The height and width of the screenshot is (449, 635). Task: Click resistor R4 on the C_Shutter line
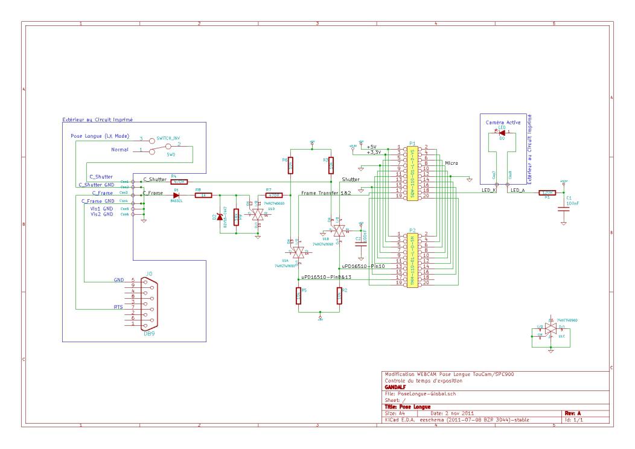point(179,181)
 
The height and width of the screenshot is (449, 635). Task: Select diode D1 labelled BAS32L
point(177,196)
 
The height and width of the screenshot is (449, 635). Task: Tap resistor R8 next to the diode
point(203,196)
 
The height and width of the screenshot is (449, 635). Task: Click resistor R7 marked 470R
point(274,196)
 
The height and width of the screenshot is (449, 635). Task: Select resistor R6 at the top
point(290,164)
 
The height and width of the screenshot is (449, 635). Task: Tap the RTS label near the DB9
point(119,307)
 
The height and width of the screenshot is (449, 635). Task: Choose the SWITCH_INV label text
point(168,138)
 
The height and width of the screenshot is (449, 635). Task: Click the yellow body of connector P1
point(413,173)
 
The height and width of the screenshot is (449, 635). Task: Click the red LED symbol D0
point(502,132)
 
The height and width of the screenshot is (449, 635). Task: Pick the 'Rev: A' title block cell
point(570,413)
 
